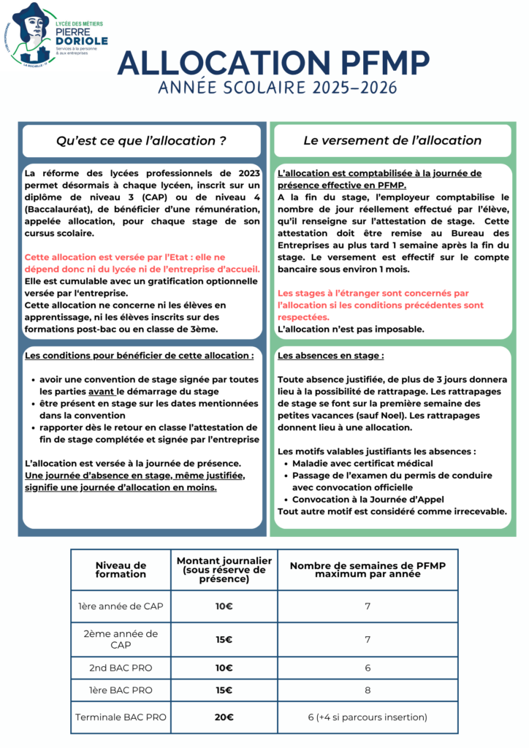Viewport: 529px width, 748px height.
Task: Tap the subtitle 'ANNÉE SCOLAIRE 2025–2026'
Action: coord(278,88)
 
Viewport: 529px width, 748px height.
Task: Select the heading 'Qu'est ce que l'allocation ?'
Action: coord(141,140)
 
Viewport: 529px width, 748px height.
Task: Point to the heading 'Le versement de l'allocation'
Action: coord(392,140)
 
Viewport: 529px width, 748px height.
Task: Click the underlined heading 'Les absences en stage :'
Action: coord(330,356)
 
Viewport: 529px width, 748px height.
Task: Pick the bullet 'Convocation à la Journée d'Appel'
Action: coord(368,500)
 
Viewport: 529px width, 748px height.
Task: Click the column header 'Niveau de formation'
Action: coord(121,569)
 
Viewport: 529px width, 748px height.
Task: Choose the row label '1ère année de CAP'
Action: coord(121,606)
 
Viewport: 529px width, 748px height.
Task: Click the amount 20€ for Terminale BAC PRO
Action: coord(224,717)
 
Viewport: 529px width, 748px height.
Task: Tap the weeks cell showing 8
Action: coord(368,690)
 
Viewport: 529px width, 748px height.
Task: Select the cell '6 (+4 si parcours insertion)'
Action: coord(368,717)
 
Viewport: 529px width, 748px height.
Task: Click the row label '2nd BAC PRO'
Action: coord(121,668)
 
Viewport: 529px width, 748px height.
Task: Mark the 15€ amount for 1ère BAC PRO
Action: coord(224,690)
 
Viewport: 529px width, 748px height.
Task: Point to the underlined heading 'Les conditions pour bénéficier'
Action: coord(139,356)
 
